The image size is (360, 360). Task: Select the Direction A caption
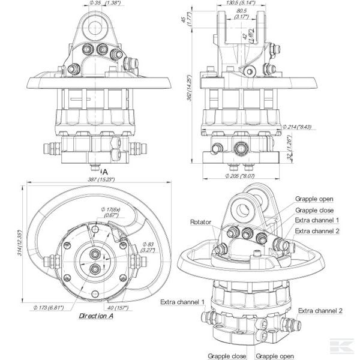98,314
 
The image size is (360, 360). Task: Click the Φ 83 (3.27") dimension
148,247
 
